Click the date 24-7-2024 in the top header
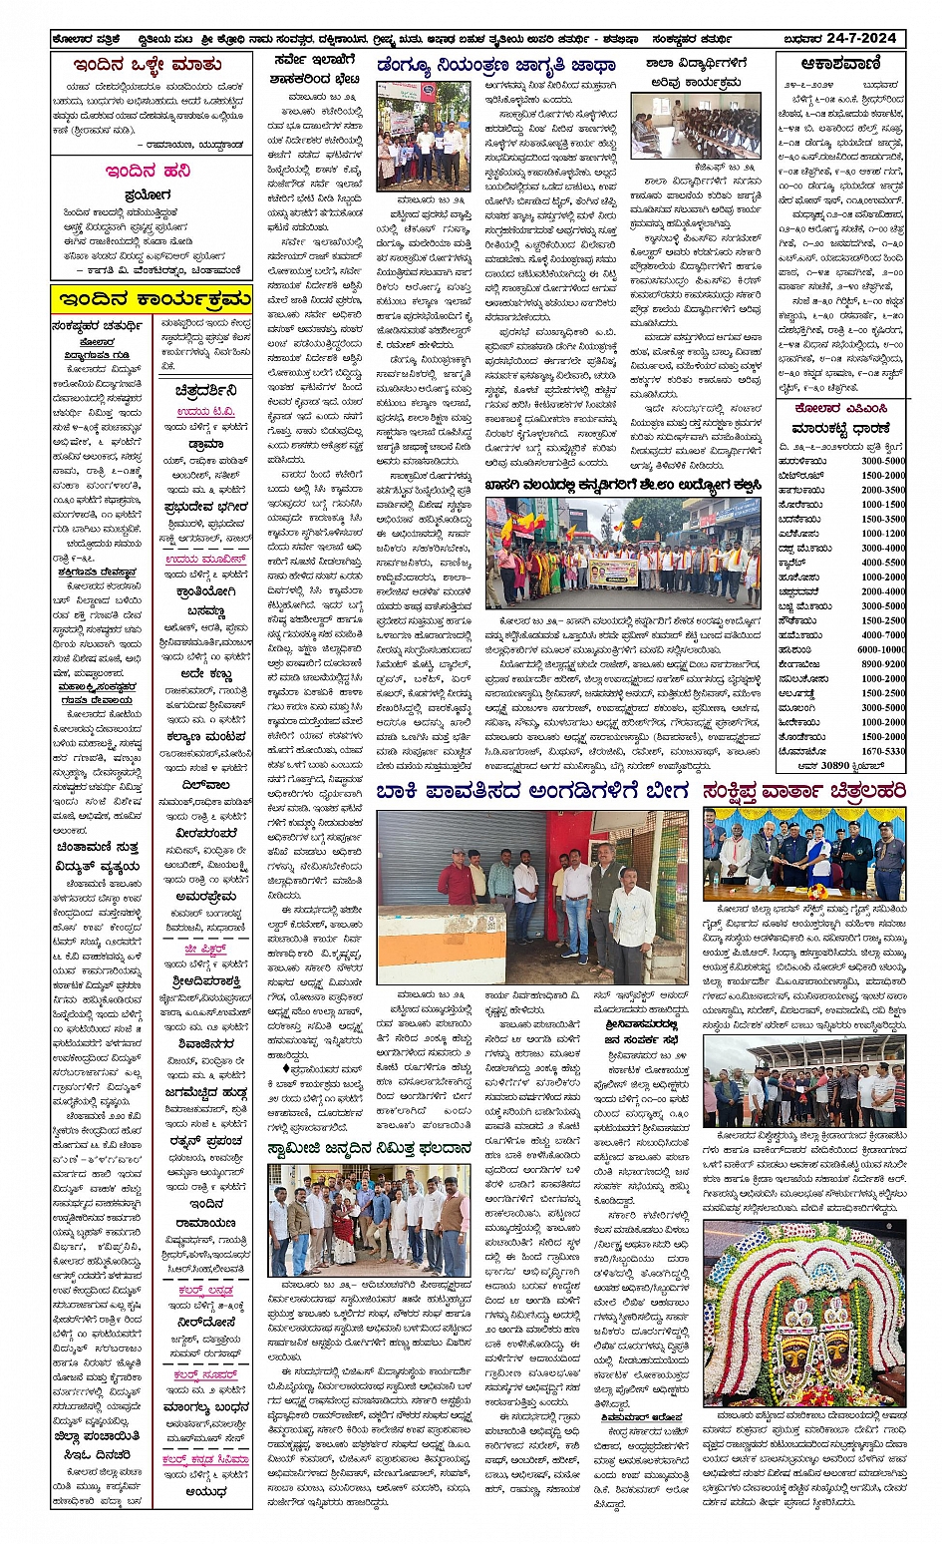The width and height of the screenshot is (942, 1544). pyautogui.click(x=862, y=39)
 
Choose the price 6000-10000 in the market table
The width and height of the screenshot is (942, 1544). pyautogui.click(x=881, y=649)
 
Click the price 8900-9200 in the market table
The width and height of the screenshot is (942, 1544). pyautogui.click(x=883, y=664)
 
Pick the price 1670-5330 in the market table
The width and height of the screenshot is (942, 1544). pyautogui.click(x=883, y=751)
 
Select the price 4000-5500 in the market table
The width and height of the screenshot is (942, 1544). pyautogui.click(x=883, y=563)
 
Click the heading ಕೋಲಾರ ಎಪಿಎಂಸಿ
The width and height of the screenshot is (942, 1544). pyautogui.click(x=840, y=409)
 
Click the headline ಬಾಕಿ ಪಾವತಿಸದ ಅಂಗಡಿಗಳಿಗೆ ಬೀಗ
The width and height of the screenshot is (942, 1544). pyautogui.click(x=532, y=792)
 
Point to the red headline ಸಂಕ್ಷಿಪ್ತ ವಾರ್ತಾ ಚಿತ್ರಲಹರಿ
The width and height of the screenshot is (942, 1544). pyautogui.click(x=803, y=792)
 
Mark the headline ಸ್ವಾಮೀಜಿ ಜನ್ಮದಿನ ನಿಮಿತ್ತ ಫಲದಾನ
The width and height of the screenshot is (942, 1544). pyautogui.click(x=369, y=1149)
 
